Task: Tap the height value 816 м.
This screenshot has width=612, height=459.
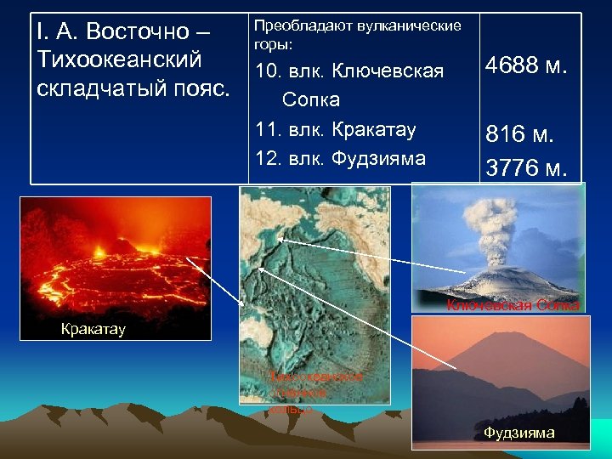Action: tap(519, 133)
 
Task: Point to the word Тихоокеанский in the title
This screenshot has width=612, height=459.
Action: tap(120, 59)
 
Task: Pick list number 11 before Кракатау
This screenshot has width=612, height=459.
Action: tap(267, 130)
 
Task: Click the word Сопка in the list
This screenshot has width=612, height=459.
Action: tap(310, 99)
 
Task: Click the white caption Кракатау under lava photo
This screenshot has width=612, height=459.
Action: tap(93, 329)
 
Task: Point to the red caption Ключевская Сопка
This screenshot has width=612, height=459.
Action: tap(513, 305)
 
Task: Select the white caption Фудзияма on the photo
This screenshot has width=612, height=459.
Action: tap(518, 433)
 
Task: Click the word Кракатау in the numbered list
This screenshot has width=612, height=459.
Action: tap(374, 130)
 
